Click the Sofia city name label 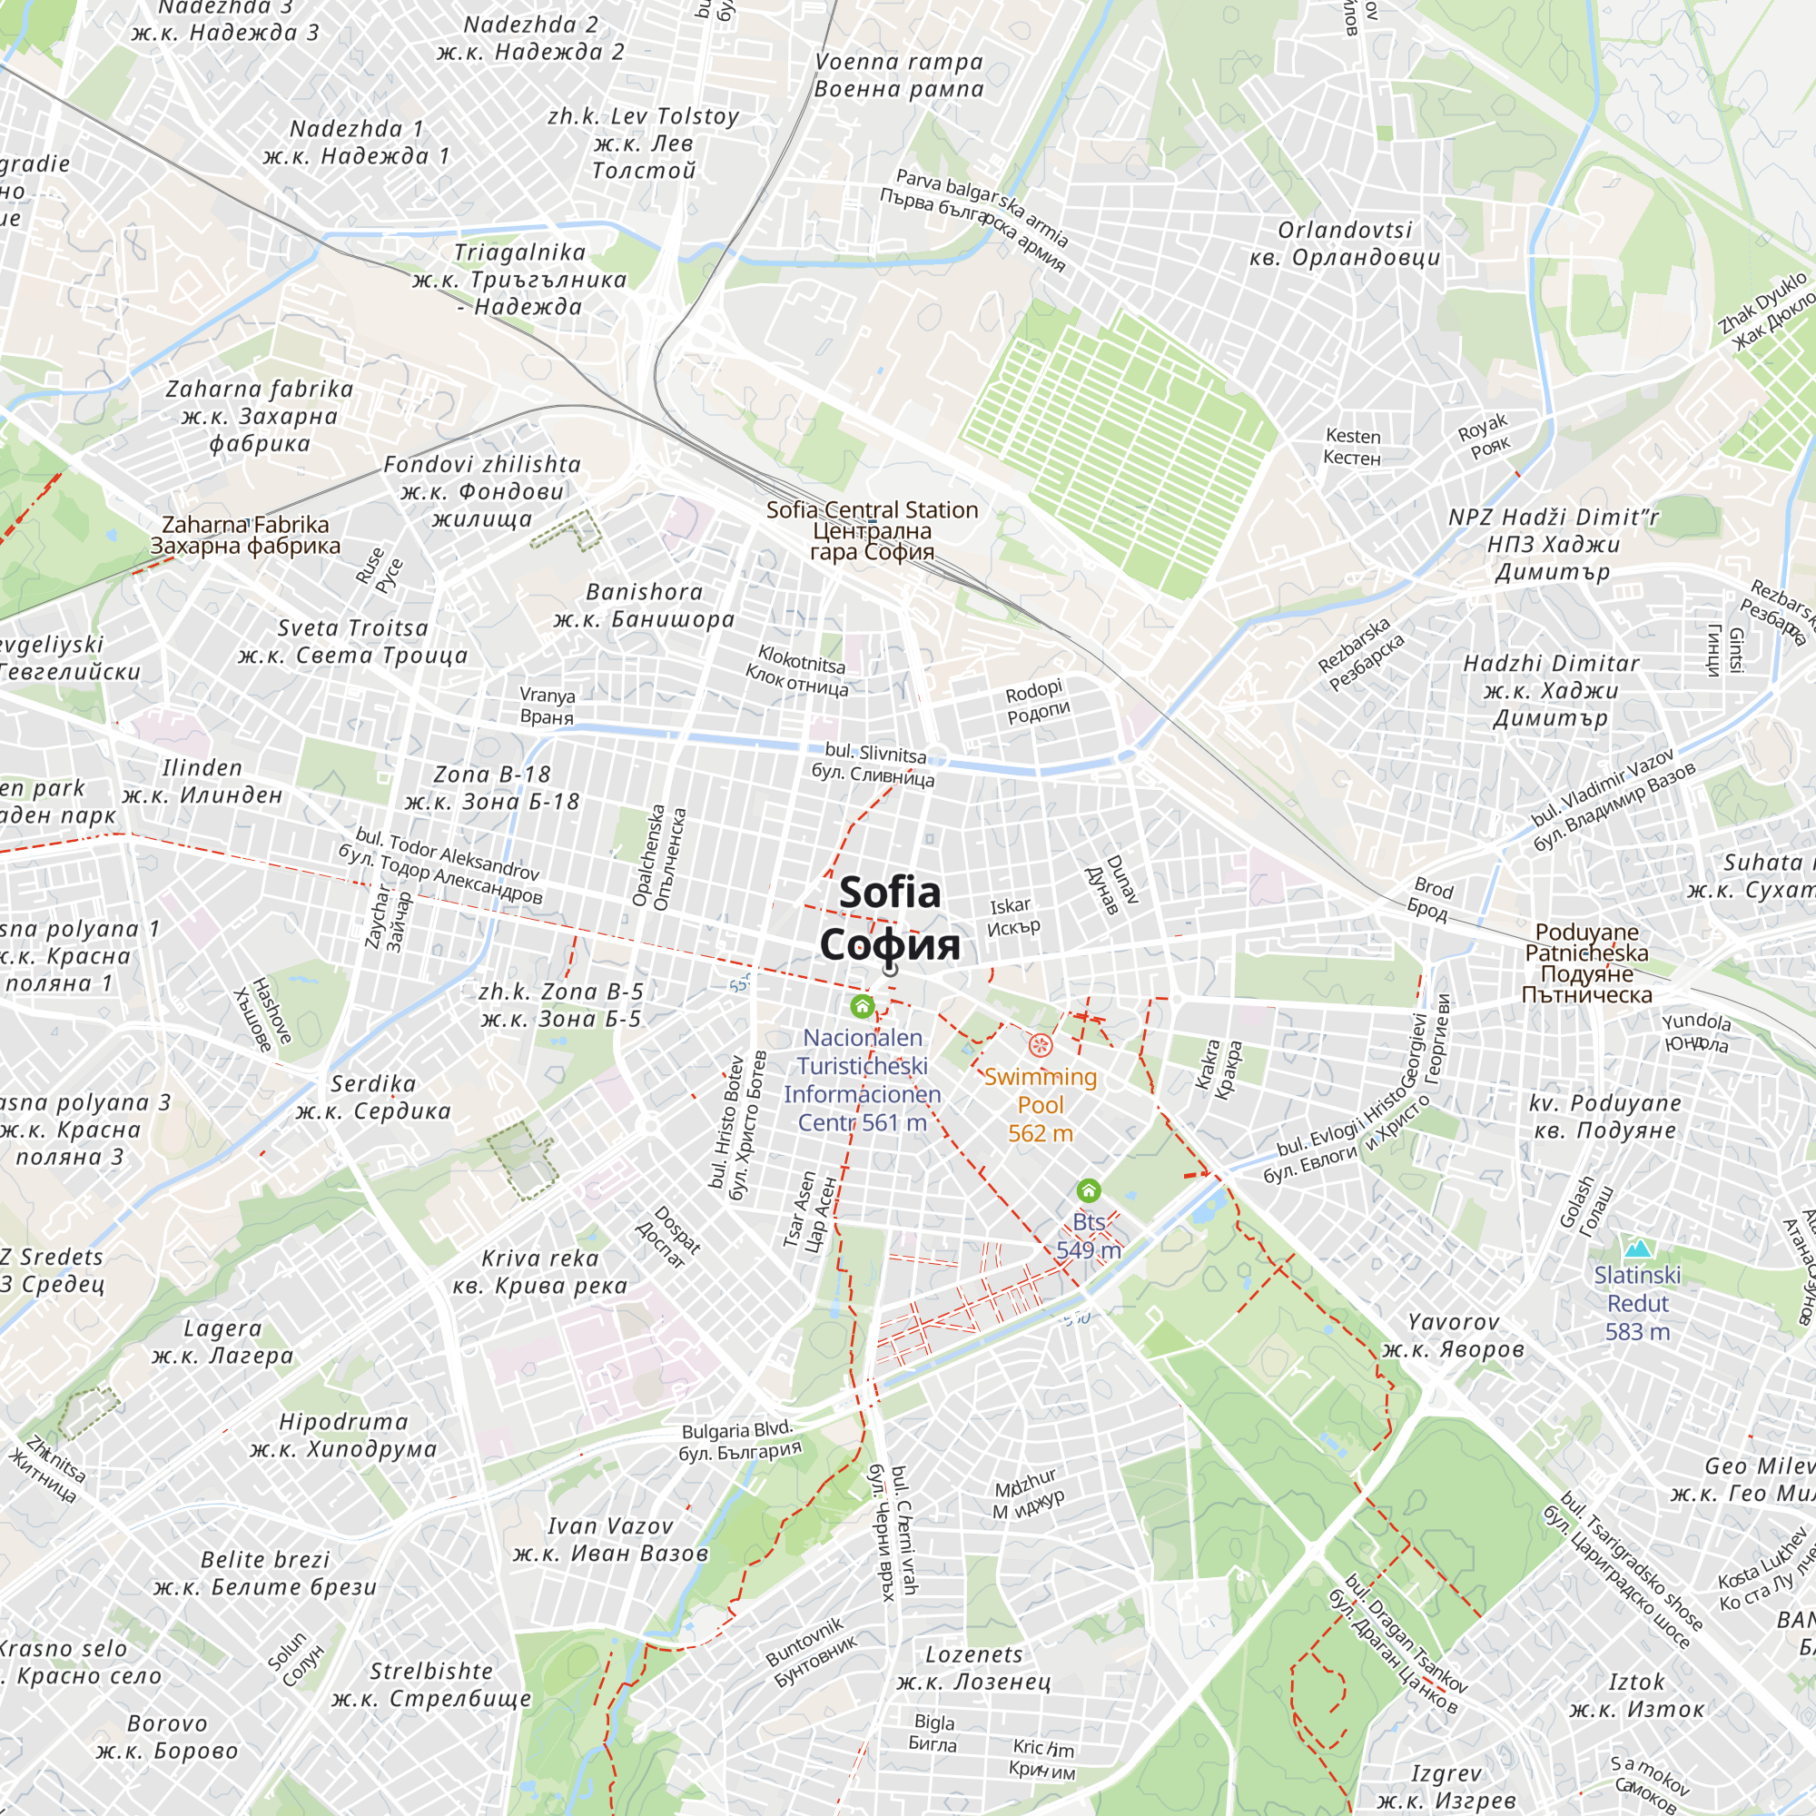pos(889,917)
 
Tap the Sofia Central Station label pos(872,531)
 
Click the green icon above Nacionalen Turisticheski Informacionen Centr pos(862,1007)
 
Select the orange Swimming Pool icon pos(1040,1045)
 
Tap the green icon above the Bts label pos(1089,1191)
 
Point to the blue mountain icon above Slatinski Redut pos(1637,1248)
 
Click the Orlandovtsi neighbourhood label pos(1344,243)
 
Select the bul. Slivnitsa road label pos(874,765)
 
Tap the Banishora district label pos(644,606)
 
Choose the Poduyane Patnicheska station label pos(1586,962)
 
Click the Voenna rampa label pos(899,75)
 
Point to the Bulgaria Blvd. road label pos(739,1440)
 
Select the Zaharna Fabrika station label pos(245,535)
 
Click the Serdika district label pos(373,1097)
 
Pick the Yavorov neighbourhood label pos(1453,1336)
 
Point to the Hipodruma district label pos(344,1436)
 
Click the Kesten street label pos(1353,447)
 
